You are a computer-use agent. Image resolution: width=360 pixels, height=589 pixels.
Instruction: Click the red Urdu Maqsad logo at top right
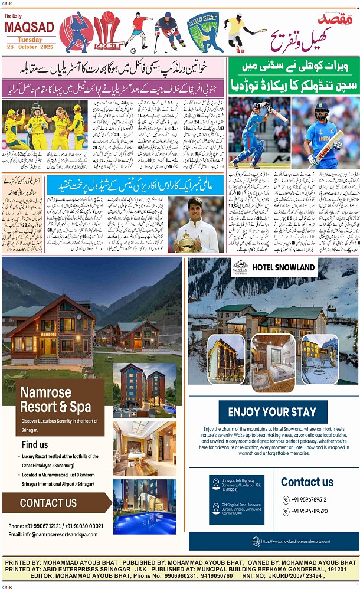point(341,19)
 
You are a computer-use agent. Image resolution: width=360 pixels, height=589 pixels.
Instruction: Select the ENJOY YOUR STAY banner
point(272,412)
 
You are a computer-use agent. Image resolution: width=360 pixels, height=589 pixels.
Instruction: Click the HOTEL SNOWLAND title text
point(283,267)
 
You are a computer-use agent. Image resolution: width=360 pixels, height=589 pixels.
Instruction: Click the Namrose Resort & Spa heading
point(55,400)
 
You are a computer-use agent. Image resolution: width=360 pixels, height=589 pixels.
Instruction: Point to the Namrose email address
point(53,535)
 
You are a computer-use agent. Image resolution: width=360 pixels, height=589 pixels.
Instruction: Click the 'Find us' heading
point(35,444)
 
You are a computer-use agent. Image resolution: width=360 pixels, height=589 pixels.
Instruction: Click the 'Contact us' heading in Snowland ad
point(307,482)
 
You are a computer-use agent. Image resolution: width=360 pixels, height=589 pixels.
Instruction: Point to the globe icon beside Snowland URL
point(256,541)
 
